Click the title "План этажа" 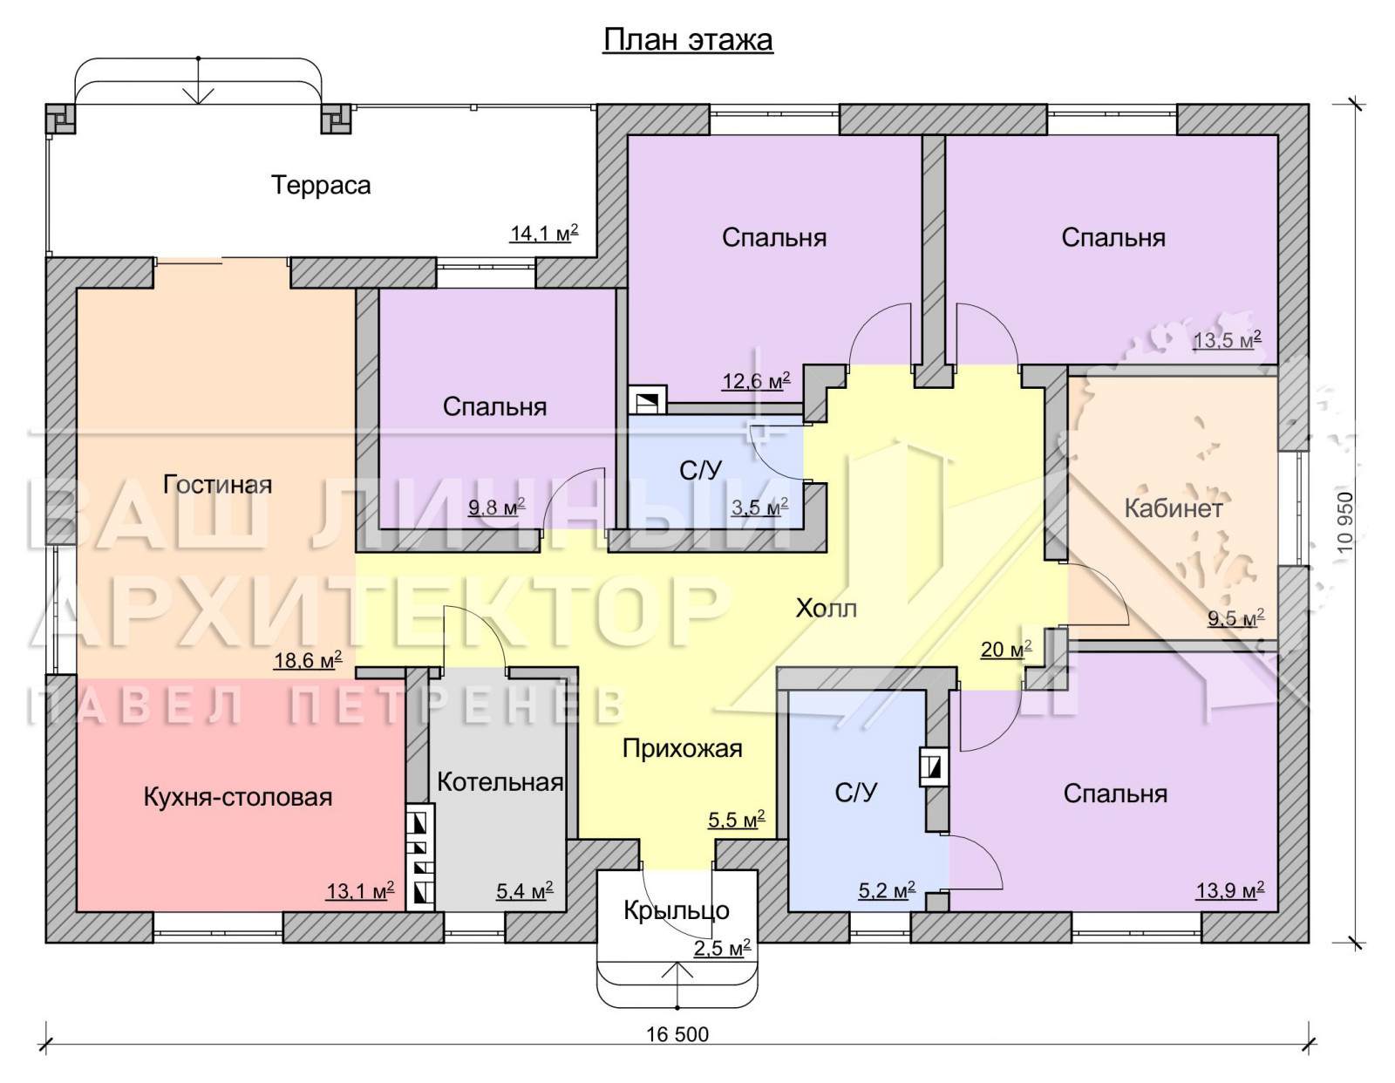click(688, 40)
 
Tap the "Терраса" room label click(321, 186)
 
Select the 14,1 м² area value click(544, 233)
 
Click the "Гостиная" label click(218, 485)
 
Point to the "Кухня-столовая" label click(237, 797)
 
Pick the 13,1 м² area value click(360, 890)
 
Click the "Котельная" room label click(500, 782)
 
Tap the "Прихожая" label click(683, 749)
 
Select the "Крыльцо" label click(677, 910)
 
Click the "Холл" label click(827, 608)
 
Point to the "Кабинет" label click(1174, 508)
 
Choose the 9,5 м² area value click(1235, 618)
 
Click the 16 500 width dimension click(677, 1034)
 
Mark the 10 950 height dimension click(1345, 522)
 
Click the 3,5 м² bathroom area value click(760, 507)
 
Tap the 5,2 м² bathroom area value click(888, 890)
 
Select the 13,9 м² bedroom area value click(1230, 890)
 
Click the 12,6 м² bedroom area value click(756, 381)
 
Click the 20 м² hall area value click(1006, 649)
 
